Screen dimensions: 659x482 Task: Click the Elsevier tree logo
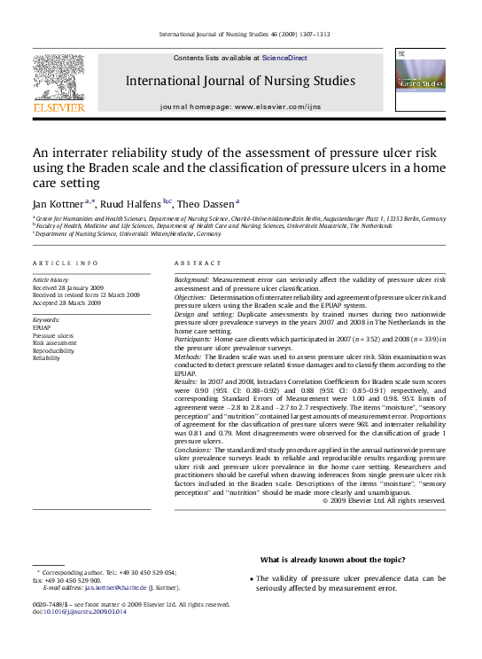tap(59, 81)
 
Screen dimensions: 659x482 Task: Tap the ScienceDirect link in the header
tap(284, 58)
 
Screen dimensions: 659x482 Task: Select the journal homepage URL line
tap(240, 106)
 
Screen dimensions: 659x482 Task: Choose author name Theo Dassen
tap(206, 204)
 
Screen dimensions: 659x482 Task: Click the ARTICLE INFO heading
tap(66, 263)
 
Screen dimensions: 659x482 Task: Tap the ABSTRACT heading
tap(198, 263)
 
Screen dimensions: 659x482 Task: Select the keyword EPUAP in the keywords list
tap(41, 327)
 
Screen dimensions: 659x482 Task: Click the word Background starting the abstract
tap(192, 279)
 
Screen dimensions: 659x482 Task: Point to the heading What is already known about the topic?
tap(332, 559)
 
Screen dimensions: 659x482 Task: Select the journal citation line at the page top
tap(244, 34)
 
